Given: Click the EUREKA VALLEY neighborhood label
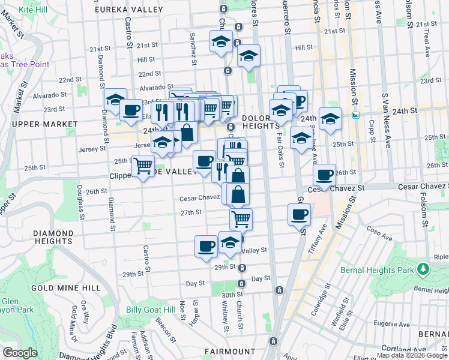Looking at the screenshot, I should point(130,10).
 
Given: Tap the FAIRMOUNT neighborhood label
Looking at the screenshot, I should point(230,351).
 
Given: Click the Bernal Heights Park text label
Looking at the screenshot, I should point(383,270).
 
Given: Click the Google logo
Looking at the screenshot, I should point(19,353).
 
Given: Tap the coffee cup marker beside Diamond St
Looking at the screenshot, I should point(131,109).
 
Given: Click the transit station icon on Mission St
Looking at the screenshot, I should point(355,115).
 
